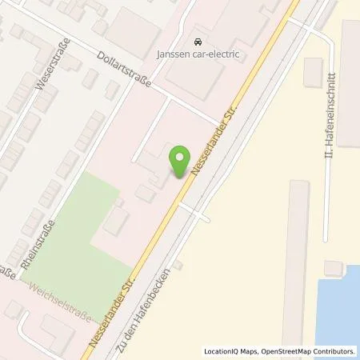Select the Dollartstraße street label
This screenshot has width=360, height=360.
[125, 74]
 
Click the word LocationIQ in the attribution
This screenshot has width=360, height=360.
[222, 350]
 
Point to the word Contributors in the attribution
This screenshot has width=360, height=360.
[334, 350]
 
